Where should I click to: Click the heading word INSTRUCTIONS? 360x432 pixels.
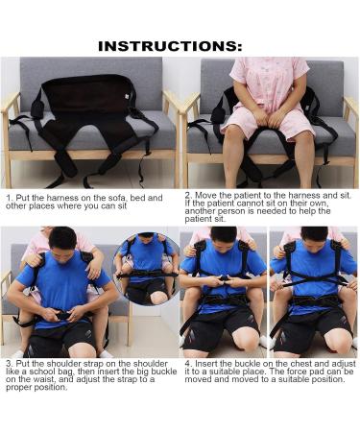pyautogui.click(x=170, y=45)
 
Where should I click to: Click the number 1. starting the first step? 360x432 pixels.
pyautogui.click(x=9, y=198)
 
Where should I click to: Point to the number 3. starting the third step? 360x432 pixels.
pyautogui.click(x=8, y=365)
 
